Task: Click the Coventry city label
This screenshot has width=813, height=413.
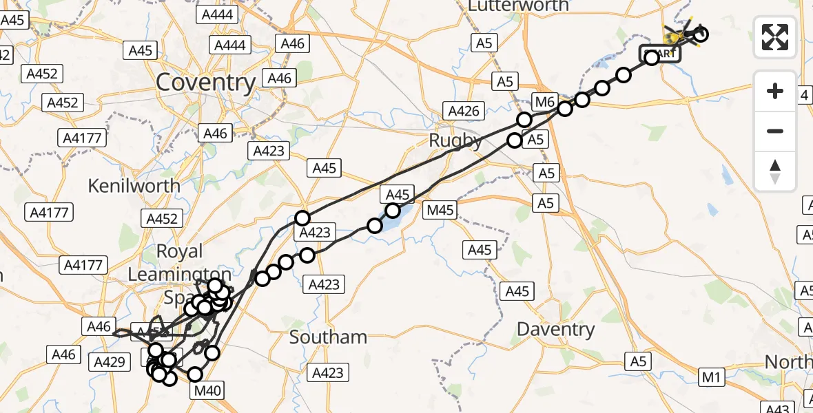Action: [x=205, y=83]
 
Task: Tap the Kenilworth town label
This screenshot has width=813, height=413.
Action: [x=134, y=186]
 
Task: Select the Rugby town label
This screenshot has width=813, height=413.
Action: [x=455, y=140]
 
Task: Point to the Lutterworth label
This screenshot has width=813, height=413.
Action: [x=518, y=6]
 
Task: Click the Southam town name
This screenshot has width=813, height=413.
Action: [x=328, y=337]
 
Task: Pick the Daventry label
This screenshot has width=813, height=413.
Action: [x=555, y=329]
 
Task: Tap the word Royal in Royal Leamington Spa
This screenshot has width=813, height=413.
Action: [x=180, y=251]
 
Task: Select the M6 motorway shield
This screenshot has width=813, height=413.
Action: [x=544, y=103]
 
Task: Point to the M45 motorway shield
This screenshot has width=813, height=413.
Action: [x=441, y=210]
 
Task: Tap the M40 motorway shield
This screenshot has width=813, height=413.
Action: [x=207, y=391]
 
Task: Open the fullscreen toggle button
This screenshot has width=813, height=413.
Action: [x=775, y=36]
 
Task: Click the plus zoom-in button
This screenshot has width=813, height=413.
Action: [x=775, y=91]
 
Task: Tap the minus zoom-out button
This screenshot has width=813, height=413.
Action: [x=775, y=131]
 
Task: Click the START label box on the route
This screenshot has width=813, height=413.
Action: [x=661, y=54]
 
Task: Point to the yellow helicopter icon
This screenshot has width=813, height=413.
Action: [x=679, y=33]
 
